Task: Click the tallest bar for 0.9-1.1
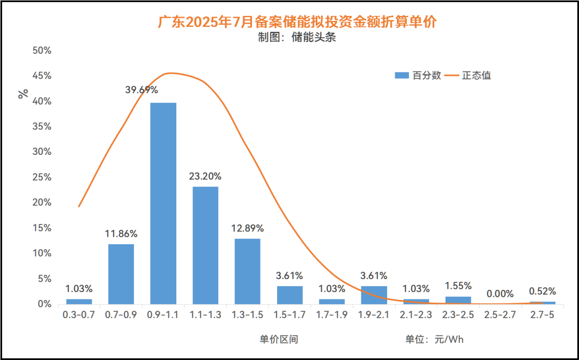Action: [x=163, y=204]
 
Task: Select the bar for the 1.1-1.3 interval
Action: [x=205, y=245]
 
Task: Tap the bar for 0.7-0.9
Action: [x=121, y=274]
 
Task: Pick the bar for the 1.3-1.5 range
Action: [x=247, y=272]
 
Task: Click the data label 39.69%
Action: [x=142, y=90]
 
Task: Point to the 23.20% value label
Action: [x=205, y=176]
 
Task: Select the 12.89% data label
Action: [x=247, y=228]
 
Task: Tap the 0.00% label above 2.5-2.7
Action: [x=500, y=294]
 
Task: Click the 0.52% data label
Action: [x=542, y=291]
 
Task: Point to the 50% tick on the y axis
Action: [x=42, y=51]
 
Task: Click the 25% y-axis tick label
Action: [x=42, y=177]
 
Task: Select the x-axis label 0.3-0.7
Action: [x=79, y=316]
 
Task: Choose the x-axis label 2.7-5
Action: [x=542, y=316]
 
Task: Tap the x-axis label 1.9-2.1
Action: [x=374, y=316]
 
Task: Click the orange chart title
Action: [x=297, y=22]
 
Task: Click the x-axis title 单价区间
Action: [x=279, y=339]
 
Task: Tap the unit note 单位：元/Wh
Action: [x=434, y=339]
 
